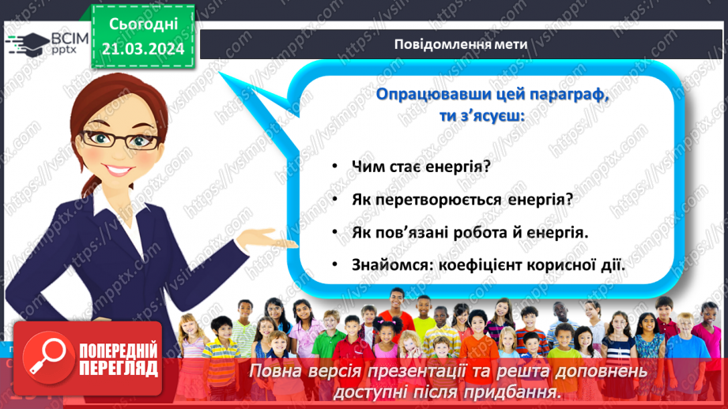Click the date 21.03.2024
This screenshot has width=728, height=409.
[143, 49]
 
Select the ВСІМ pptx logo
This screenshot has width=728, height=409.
[44, 43]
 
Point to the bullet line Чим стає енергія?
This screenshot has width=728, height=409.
[421, 167]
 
